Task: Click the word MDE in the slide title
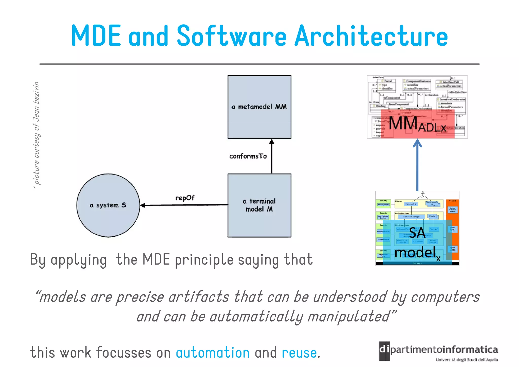point(96,36)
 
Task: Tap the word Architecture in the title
point(371,36)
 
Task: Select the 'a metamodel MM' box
point(259,107)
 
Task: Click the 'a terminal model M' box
point(259,205)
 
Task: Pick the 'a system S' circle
point(108,205)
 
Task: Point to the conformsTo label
point(248,156)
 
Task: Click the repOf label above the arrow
point(185,198)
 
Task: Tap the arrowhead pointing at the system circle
point(143,205)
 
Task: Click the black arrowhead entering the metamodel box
point(271,142)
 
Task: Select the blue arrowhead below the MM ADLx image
point(417,143)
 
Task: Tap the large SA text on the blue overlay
point(417,233)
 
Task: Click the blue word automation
point(213,353)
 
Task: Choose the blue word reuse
point(299,353)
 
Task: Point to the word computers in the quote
point(445,297)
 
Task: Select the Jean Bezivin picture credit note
point(36,134)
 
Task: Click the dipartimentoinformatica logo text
point(443,349)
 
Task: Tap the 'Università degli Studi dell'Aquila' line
point(467,360)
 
